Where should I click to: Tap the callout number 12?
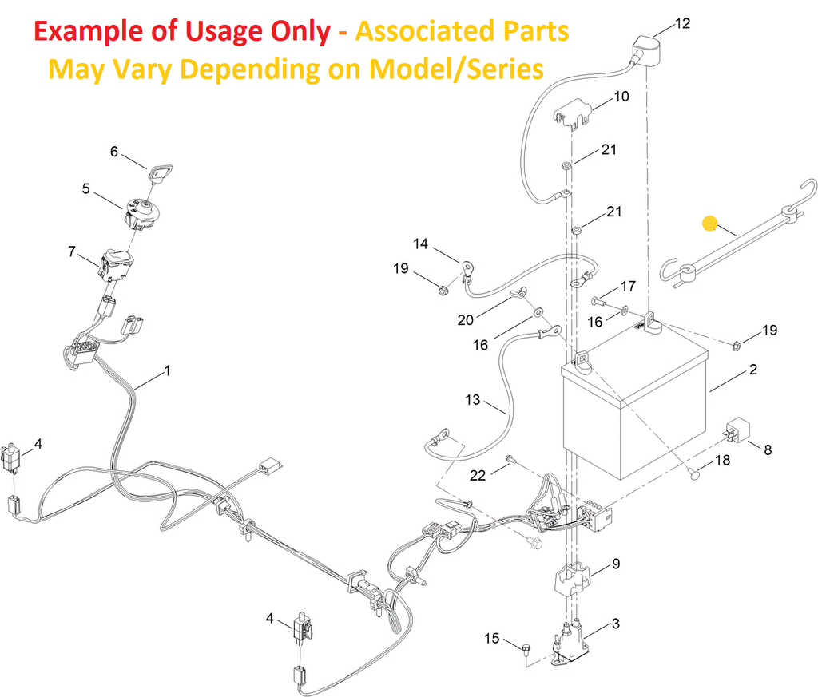click(682, 23)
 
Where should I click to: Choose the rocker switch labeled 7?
click(117, 263)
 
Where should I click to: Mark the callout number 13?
click(473, 400)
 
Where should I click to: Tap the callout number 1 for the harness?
click(168, 370)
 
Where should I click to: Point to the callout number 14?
click(420, 244)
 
